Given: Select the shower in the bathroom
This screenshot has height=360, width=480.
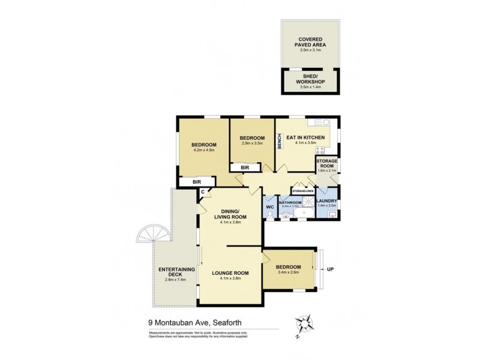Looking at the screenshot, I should (308, 214).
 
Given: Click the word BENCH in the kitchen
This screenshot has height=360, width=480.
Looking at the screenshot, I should (280, 141).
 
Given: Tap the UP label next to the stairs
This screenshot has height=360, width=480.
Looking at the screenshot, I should (329, 269).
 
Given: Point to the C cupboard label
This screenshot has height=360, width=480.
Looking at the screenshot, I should (203, 192).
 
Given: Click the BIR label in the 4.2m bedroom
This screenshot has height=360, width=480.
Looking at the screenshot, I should (196, 181).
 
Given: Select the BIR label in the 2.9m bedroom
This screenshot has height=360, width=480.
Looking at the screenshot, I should (245, 167).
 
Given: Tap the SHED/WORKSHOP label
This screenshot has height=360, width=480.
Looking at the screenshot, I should (310, 82).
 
